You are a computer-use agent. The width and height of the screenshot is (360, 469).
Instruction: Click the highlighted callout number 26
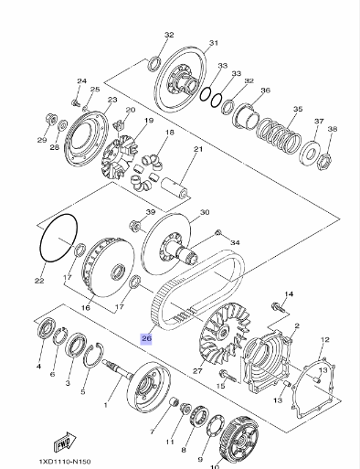[146, 338]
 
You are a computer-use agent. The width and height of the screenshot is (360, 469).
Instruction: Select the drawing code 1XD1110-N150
[65, 462]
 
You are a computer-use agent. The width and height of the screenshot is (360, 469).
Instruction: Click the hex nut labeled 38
[324, 162]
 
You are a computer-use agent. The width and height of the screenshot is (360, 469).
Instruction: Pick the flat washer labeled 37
[310, 154]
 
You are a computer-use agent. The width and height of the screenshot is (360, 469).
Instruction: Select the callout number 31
[214, 43]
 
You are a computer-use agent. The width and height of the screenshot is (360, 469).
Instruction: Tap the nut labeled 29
[51, 120]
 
